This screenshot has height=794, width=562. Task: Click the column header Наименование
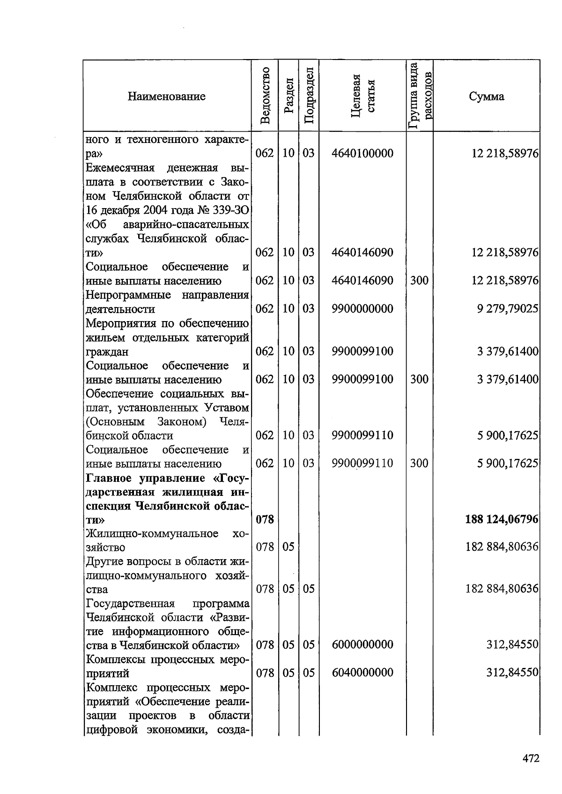pyautogui.click(x=167, y=97)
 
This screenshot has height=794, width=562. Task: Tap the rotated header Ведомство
pyautogui.click(x=265, y=96)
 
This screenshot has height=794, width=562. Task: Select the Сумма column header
pyautogui.click(x=487, y=97)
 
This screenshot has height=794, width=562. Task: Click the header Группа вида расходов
pyautogui.click(x=419, y=96)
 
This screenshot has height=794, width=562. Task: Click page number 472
pyautogui.click(x=531, y=758)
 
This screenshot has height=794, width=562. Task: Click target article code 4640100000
pyautogui.click(x=362, y=153)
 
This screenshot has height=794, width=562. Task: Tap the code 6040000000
pyautogui.click(x=362, y=673)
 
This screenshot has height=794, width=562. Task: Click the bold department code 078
pyautogui.click(x=265, y=519)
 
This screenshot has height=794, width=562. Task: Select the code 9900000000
pyautogui.click(x=362, y=309)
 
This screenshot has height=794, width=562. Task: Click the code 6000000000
pyautogui.click(x=362, y=644)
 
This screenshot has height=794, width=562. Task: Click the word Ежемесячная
pyautogui.click(x=119, y=168)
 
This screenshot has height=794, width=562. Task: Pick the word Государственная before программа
pyautogui.click(x=130, y=603)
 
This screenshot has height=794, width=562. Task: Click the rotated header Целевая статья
pyautogui.click(x=362, y=96)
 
